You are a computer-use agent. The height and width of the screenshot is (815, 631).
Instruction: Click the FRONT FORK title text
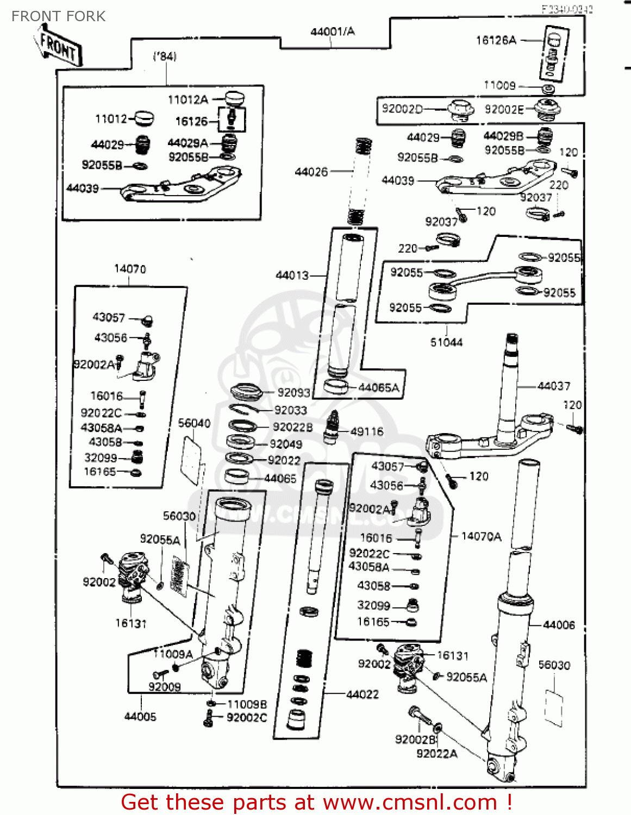58,16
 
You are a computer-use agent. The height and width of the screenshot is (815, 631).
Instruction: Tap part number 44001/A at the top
332,32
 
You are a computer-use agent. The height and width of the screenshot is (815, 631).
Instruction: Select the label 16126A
496,40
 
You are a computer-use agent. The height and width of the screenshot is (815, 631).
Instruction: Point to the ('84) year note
165,57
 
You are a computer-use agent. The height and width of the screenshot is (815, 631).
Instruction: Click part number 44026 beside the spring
311,172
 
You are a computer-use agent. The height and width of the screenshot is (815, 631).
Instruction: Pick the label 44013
292,275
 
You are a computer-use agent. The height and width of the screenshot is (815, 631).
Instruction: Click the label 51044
446,342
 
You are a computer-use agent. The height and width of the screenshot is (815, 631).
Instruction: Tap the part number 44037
553,386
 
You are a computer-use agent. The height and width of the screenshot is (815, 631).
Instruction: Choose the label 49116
367,432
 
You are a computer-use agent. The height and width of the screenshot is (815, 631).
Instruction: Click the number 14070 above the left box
130,269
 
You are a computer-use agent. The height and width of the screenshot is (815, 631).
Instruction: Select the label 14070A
481,537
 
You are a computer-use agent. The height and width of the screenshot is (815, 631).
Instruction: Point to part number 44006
559,625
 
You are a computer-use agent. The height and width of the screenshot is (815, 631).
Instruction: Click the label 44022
363,694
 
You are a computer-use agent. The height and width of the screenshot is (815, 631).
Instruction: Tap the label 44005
140,717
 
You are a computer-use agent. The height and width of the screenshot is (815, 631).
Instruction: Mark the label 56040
194,423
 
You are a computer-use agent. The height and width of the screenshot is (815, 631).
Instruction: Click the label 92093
293,393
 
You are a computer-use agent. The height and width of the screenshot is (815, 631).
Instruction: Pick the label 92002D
402,109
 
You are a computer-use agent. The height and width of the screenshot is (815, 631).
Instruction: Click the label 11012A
188,100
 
